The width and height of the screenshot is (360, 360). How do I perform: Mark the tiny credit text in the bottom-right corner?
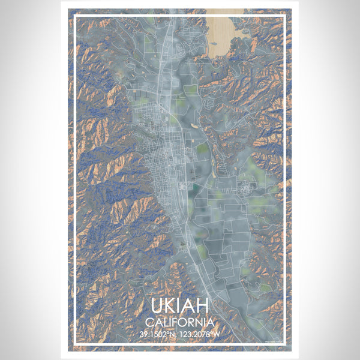276,341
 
